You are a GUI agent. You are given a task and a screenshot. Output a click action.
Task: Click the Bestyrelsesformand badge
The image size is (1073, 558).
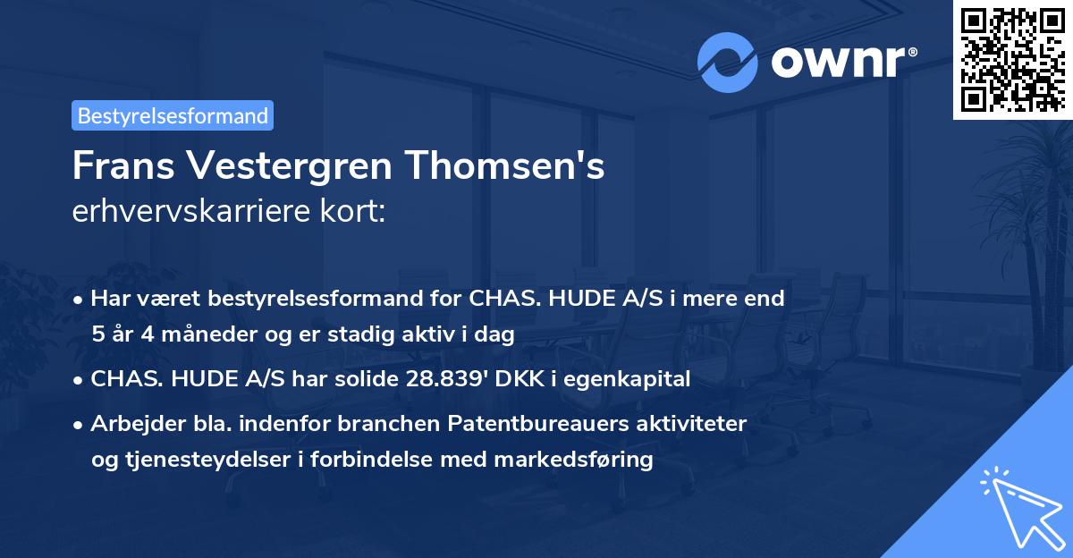tap(172, 115)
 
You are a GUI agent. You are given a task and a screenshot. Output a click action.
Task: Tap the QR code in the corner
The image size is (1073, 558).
tap(1012, 59)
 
